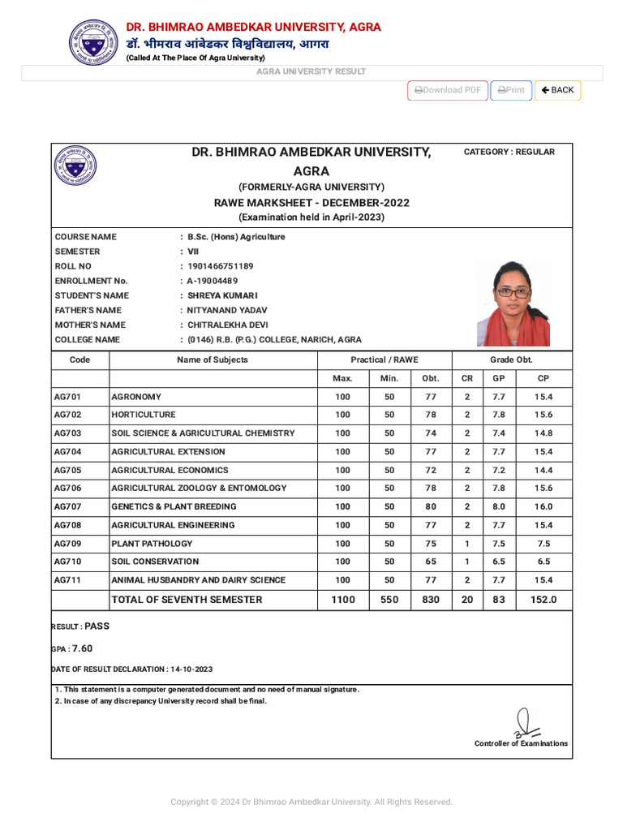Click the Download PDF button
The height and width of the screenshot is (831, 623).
pyautogui.click(x=448, y=90)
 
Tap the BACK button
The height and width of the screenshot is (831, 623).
pyautogui.click(x=557, y=90)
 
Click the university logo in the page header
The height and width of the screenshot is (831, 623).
pyautogui.click(x=93, y=42)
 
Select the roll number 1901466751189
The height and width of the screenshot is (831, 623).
pyautogui.click(x=221, y=266)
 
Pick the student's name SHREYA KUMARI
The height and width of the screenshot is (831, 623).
pyautogui.click(x=222, y=295)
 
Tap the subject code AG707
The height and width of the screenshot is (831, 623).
pyautogui.click(x=67, y=506)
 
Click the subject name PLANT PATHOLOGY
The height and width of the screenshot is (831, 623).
pyautogui.click(x=152, y=544)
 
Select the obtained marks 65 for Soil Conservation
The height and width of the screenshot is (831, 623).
pyautogui.click(x=430, y=562)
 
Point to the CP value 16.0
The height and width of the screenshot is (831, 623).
pyautogui.click(x=543, y=506)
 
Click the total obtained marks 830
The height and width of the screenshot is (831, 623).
pyautogui.click(x=430, y=600)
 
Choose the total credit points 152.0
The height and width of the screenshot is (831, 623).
pyautogui.click(x=543, y=600)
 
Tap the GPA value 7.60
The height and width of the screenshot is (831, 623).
pyautogui.click(x=82, y=648)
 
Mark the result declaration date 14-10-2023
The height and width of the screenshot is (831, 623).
pyautogui.click(x=191, y=670)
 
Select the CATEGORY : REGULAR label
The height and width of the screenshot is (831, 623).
pyautogui.click(x=509, y=152)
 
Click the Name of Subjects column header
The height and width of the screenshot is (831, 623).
pyautogui.click(x=213, y=360)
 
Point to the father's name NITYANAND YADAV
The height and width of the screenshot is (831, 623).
pyautogui.click(x=227, y=310)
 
